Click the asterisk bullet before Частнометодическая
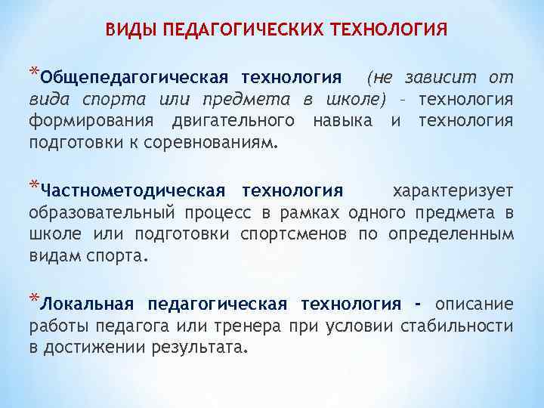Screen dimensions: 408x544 (33, 185)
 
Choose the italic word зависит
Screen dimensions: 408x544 (437, 78)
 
